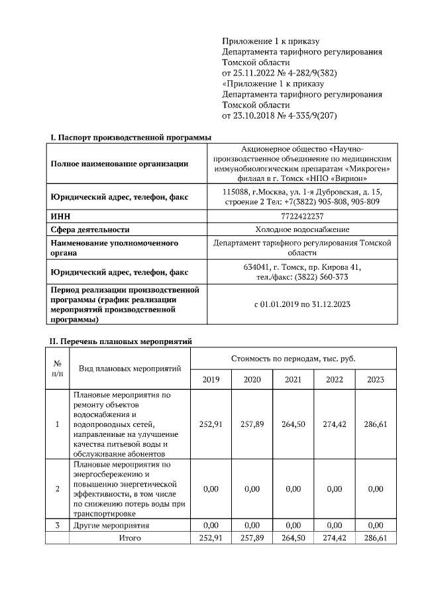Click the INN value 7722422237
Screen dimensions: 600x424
(x=302, y=216)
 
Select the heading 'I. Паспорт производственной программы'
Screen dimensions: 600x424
(x=131, y=137)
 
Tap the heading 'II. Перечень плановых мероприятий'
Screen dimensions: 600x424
(x=121, y=341)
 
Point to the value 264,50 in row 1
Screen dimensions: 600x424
(x=293, y=424)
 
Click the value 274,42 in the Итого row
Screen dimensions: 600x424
(x=334, y=538)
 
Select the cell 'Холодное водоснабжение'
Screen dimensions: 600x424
(x=302, y=229)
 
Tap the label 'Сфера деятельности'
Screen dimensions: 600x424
(x=90, y=229)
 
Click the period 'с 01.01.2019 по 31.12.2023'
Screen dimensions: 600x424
(x=302, y=304)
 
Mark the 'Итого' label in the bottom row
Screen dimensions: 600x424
(x=130, y=538)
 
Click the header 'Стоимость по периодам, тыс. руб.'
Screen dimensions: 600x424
(x=293, y=358)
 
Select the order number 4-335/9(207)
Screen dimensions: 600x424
(x=309, y=115)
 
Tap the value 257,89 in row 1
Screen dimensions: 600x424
(x=252, y=424)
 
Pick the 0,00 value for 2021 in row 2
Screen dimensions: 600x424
(x=293, y=489)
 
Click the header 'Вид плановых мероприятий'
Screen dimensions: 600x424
(x=130, y=368)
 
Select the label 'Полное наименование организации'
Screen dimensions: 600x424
(x=119, y=164)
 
